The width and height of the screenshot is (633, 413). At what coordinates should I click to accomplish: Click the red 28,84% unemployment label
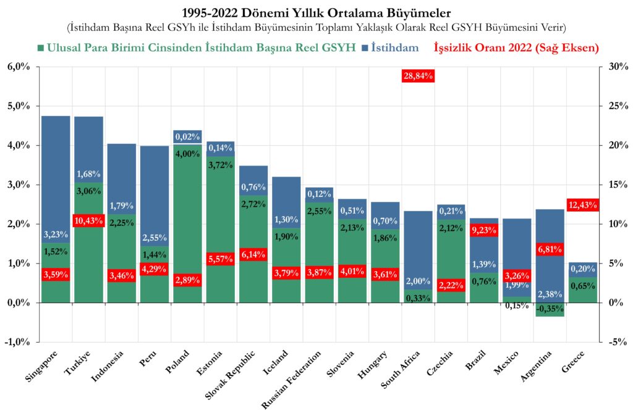[418, 75]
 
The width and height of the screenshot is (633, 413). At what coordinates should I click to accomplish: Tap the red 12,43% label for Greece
[582, 205]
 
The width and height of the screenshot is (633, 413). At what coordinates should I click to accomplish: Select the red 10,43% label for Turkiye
[88, 220]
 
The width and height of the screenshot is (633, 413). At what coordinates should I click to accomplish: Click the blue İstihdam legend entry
[394, 48]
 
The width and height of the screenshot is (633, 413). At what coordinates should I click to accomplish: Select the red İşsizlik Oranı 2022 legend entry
[516, 48]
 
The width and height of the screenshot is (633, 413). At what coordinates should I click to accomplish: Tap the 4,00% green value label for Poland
[187, 154]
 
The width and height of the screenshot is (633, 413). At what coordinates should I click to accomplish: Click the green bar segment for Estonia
[220, 216]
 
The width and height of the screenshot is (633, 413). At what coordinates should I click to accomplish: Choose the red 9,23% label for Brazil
[483, 231]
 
